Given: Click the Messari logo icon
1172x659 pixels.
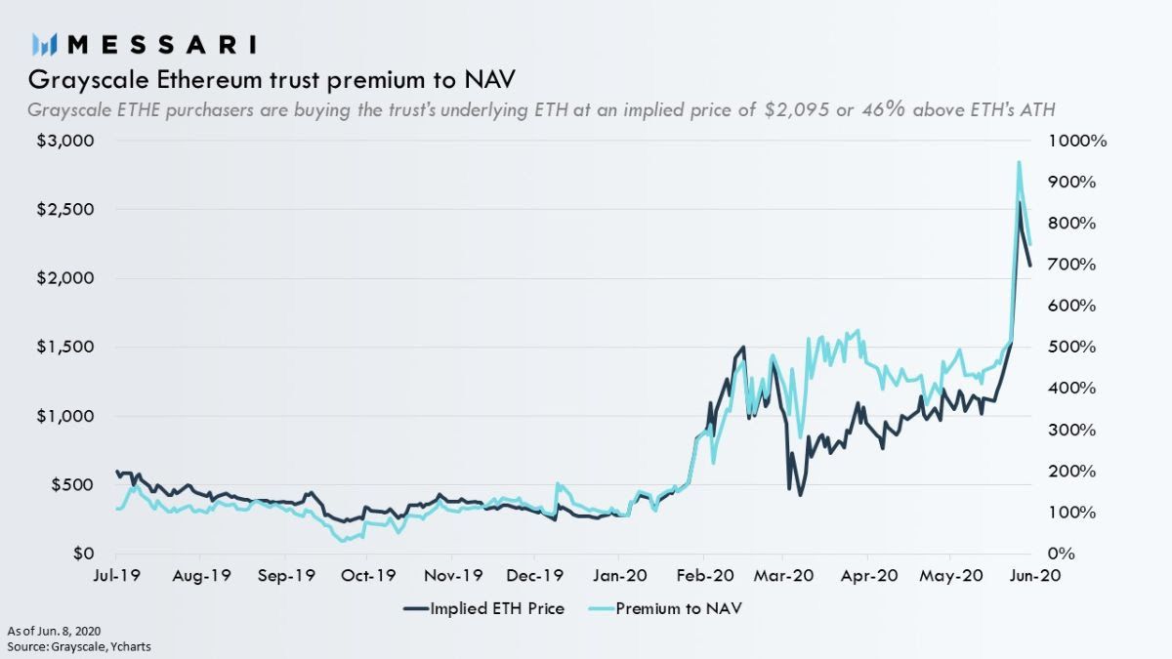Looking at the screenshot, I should (44, 44).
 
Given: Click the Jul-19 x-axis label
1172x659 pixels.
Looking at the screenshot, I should (116, 577).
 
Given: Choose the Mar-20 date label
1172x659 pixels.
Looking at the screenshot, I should (782, 577).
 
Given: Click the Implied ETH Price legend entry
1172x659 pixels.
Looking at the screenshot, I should (483, 608).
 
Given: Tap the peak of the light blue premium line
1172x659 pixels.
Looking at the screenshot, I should (1019, 162).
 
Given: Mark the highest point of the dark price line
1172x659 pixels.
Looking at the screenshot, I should (1020, 202).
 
